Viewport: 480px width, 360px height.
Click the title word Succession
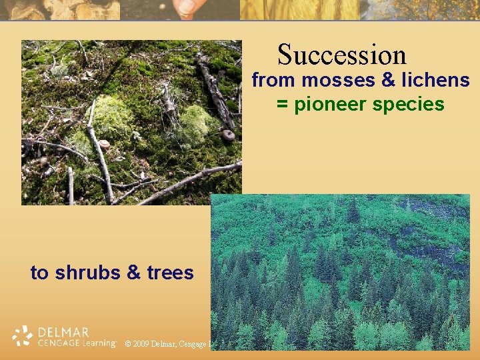coord(341,55)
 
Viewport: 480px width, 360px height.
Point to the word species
coord(411,105)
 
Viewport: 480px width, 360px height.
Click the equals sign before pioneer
coord(282,105)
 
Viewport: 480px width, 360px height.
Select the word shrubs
coord(88,273)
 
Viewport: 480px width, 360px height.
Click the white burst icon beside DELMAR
coord(23,336)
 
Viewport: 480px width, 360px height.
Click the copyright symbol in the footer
coord(127,344)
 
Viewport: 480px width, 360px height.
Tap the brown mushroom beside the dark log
coord(228,135)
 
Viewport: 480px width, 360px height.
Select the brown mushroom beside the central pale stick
coord(104,144)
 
